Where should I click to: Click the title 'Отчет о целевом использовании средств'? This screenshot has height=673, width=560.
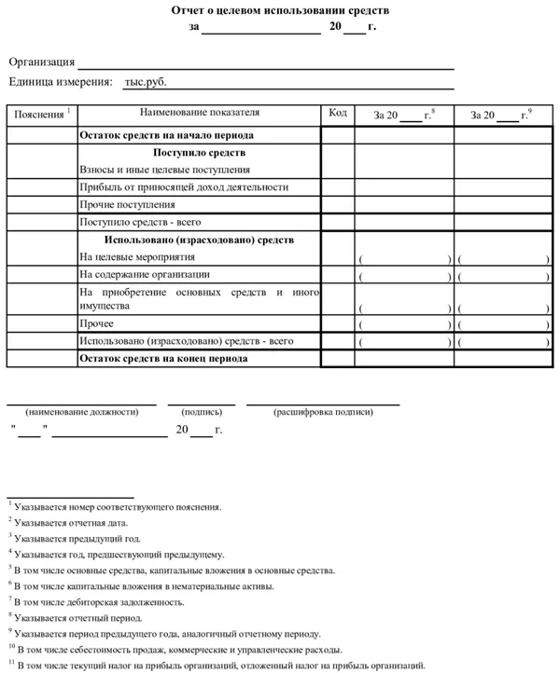click(x=281, y=10)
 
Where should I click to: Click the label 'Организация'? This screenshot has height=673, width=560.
click(x=42, y=62)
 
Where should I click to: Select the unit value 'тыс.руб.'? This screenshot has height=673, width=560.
click(x=145, y=82)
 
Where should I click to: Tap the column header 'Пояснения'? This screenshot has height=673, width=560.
click(x=36, y=115)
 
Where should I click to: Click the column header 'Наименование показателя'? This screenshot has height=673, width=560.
click(x=199, y=114)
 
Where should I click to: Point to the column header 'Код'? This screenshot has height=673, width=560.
click(x=338, y=114)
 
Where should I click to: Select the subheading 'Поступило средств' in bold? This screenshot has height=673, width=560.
click(x=199, y=153)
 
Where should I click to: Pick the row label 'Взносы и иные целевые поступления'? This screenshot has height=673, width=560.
click(x=164, y=170)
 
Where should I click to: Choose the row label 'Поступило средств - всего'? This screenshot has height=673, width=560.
click(x=140, y=223)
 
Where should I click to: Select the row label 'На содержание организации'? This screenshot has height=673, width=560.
click(x=145, y=275)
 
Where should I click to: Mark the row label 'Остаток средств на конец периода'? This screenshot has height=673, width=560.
click(x=163, y=358)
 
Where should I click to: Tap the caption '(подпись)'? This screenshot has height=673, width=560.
click(x=202, y=412)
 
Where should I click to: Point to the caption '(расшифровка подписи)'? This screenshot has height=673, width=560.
click(x=322, y=412)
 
